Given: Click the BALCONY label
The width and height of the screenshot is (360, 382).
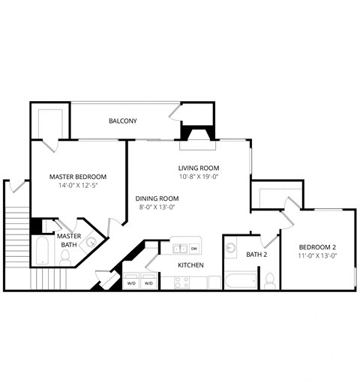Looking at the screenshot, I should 122,121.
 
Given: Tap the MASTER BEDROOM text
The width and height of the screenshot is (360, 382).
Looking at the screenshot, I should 77,177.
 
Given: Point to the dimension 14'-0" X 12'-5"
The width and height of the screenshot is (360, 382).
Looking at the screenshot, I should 77,187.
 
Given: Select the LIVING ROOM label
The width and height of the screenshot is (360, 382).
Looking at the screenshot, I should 198,168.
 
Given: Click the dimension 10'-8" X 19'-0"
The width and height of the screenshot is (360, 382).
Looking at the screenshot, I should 198,178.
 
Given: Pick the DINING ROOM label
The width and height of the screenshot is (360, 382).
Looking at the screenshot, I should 157,198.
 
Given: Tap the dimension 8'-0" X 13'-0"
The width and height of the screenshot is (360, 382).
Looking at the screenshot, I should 157,208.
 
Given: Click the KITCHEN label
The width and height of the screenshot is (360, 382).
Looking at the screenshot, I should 190,265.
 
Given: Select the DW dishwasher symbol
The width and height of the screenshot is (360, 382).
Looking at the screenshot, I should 194,248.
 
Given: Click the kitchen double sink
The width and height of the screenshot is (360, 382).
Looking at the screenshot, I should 179,248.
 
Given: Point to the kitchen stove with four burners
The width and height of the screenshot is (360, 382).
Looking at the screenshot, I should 181,282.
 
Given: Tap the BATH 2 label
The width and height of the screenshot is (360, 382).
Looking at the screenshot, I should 257,255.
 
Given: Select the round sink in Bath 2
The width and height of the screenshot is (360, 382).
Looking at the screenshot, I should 232,246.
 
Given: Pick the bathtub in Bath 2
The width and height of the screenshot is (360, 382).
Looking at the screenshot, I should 241,282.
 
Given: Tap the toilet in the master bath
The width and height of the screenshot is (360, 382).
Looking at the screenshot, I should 65,257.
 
